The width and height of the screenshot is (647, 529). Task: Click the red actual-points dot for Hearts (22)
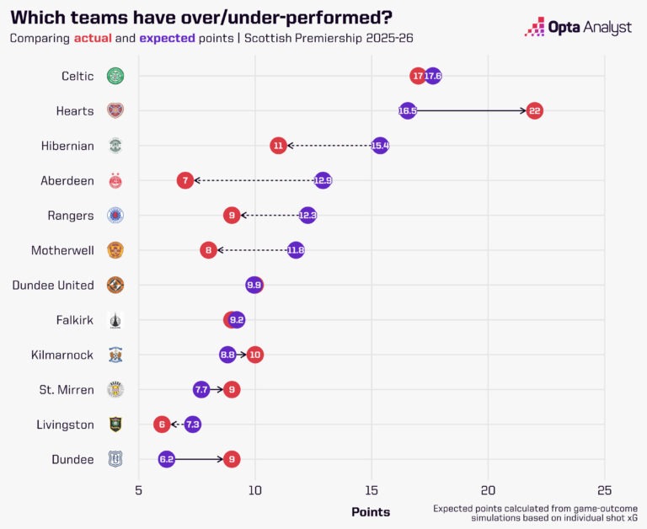point(534,110)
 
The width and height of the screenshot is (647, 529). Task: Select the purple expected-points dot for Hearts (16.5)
point(407,110)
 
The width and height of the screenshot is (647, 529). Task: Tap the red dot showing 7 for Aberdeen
point(185,180)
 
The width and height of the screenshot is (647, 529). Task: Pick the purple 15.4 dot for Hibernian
point(380,146)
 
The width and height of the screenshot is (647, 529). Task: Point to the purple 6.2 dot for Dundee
point(167,459)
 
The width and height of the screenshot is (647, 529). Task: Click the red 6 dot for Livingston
point(162,425)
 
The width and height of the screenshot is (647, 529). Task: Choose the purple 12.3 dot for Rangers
point(307,216)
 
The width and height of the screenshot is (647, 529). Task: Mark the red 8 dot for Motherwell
point(209,250)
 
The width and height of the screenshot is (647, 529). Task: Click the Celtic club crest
point(115,76)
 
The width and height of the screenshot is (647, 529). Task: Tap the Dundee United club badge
point(115,285)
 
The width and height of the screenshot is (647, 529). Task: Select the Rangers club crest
point(115,216)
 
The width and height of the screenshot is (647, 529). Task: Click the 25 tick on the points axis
point(603,490)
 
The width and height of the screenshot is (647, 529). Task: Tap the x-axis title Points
point(371,511)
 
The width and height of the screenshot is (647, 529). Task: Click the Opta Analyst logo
point(578,27)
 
